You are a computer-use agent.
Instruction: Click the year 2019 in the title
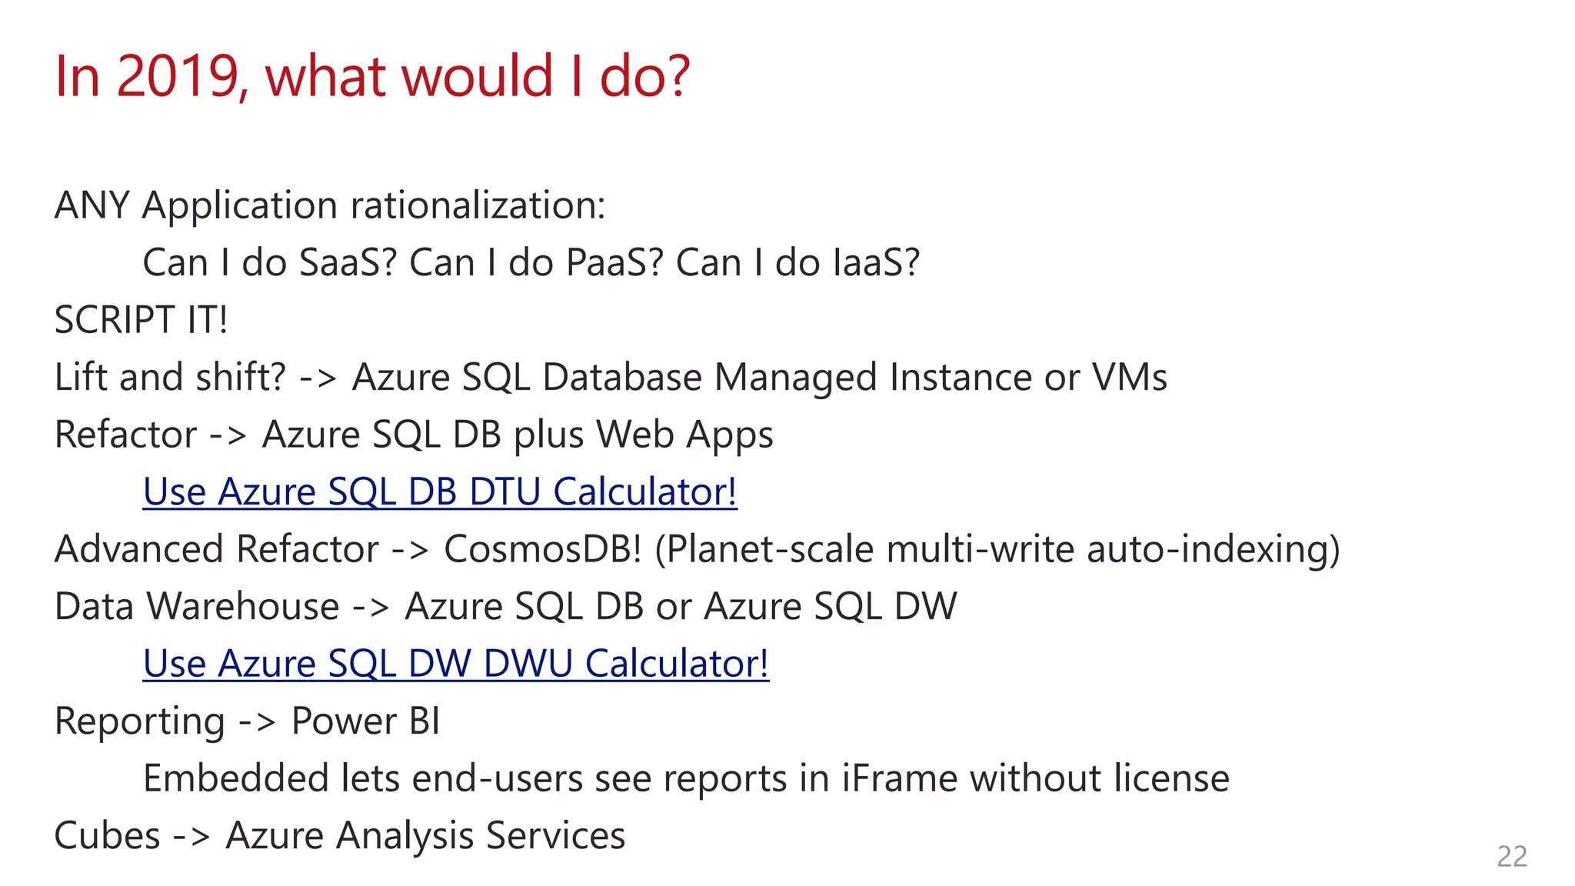click(x=178, y=76)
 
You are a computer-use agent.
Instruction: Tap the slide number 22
click(x=1511, y=856)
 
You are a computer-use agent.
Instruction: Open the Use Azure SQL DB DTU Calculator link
click(x=440, y=491)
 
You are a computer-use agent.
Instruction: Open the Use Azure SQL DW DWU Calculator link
click(x=456, y=663)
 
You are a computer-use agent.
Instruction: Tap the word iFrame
click(x=899, y=778)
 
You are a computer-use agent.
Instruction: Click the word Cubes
click(x=107, y=835)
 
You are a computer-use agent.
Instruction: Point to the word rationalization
click(x=478, y=205)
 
